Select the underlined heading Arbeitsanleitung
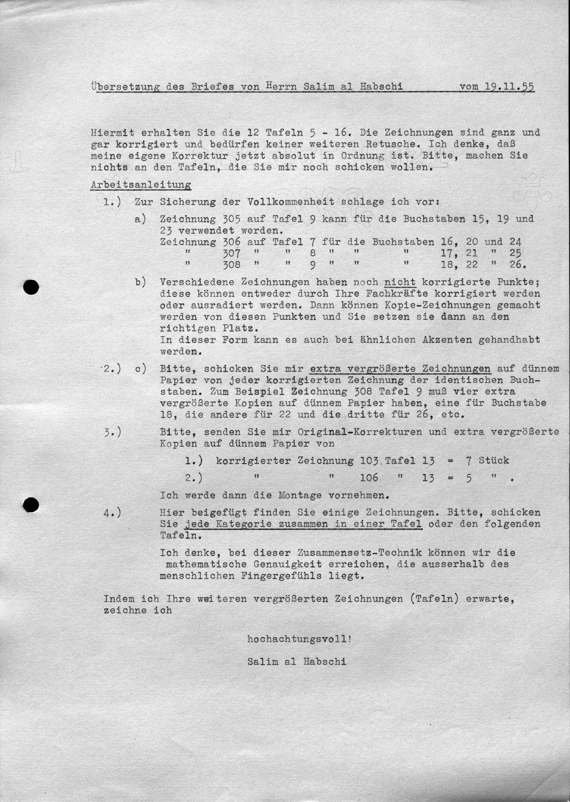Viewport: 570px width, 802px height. (141, 185)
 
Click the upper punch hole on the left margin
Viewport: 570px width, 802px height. (31, 287)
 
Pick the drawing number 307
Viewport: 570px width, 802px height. (232, 253)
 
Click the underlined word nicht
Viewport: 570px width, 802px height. (400, 282)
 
